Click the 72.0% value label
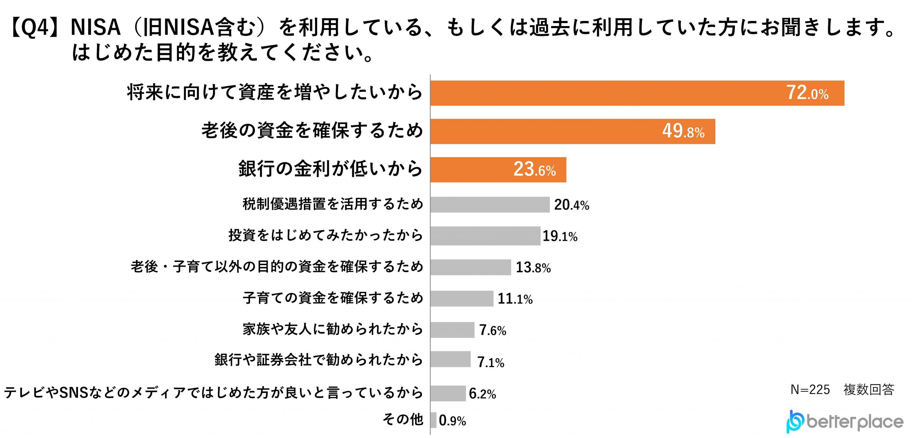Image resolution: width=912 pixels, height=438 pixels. click(807, 93)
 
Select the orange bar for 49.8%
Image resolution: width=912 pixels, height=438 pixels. click(572, 132)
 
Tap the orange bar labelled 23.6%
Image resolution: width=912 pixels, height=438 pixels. click(498, 170)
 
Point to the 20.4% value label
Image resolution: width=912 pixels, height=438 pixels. click(571, 205)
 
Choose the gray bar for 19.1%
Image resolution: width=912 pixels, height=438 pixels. click(485, 236)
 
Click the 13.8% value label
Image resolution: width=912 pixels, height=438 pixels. click(533, 267)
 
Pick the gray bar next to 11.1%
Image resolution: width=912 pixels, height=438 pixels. click(462, 299)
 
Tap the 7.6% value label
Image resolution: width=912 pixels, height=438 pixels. click(492, 330)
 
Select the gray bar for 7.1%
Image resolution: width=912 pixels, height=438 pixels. click(450, 360)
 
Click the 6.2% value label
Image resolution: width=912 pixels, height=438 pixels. click(482, 393)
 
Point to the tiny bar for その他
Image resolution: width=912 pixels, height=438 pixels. click(433, 420)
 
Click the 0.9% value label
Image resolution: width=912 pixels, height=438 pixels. click(452, 421)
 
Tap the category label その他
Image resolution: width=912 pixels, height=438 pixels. click(403, 419)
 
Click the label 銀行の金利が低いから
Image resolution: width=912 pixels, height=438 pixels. click(330, 169)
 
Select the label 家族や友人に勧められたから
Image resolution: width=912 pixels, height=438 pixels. click(333, 329)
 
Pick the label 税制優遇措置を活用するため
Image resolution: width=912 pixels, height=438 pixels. click(333, 204)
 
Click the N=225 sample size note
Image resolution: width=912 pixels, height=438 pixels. click(810, 390)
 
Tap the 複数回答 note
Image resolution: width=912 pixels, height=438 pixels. click(869, 390)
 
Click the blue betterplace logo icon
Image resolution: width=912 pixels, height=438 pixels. click(794, 422)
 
